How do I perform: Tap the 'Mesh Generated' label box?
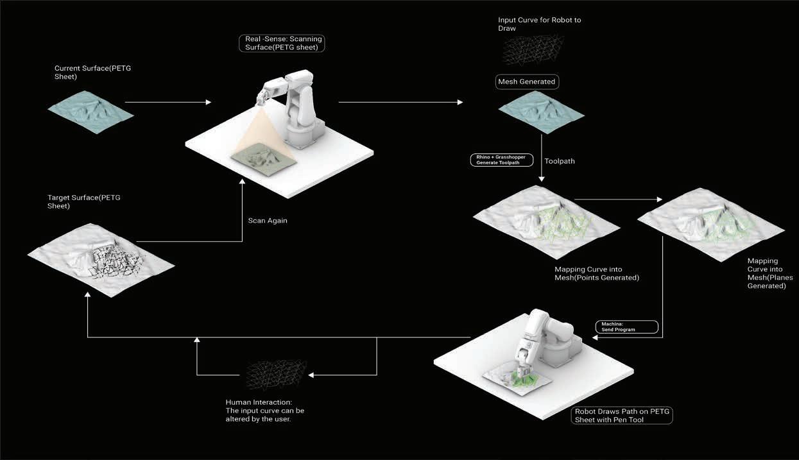click(x=527, y=82)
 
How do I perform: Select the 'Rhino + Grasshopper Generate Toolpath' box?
click(x=503, y=159)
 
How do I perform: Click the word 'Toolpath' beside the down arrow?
click(x=560, y=161)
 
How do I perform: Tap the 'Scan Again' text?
click(x=268, y=220)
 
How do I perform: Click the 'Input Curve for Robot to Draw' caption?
click(x=539, y=24)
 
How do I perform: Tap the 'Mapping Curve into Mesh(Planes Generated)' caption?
click(x=767, y=273)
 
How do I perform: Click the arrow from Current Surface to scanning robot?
click(x=168, y=102)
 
